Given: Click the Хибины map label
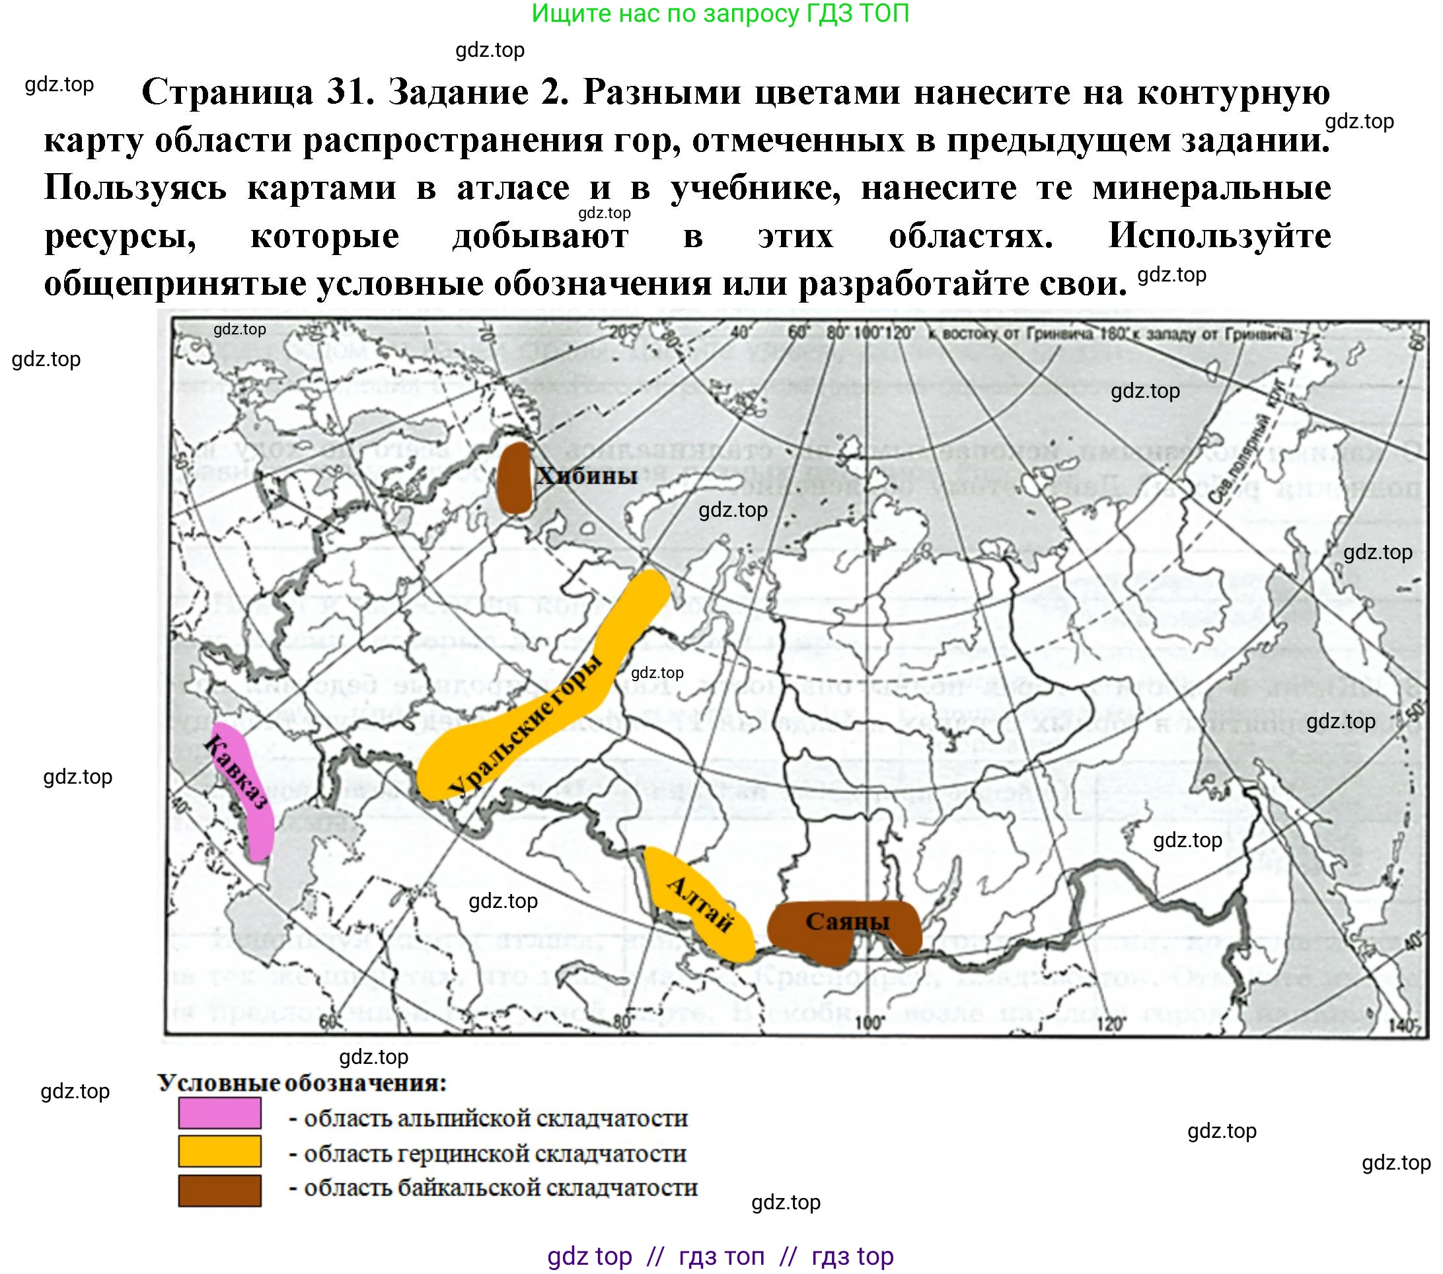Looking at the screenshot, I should pyautogui.click(x=586, y=475).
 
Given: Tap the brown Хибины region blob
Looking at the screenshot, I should pyautogui.click(x=513, y=478).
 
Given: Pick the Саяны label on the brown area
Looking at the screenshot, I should pyautogui.click(x=847, y=921).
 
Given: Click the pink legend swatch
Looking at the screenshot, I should pyautogui.click(x=219, y=1113).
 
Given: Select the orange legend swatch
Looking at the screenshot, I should pyautogui.click(x=219, y=1151).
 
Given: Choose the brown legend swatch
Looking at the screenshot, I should pyautogui.click(x=219, y=1190).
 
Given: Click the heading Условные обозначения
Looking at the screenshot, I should pyautogui.click(x=302, y=1083).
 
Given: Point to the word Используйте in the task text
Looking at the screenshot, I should pyautogui.click(x=1219, y=235).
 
